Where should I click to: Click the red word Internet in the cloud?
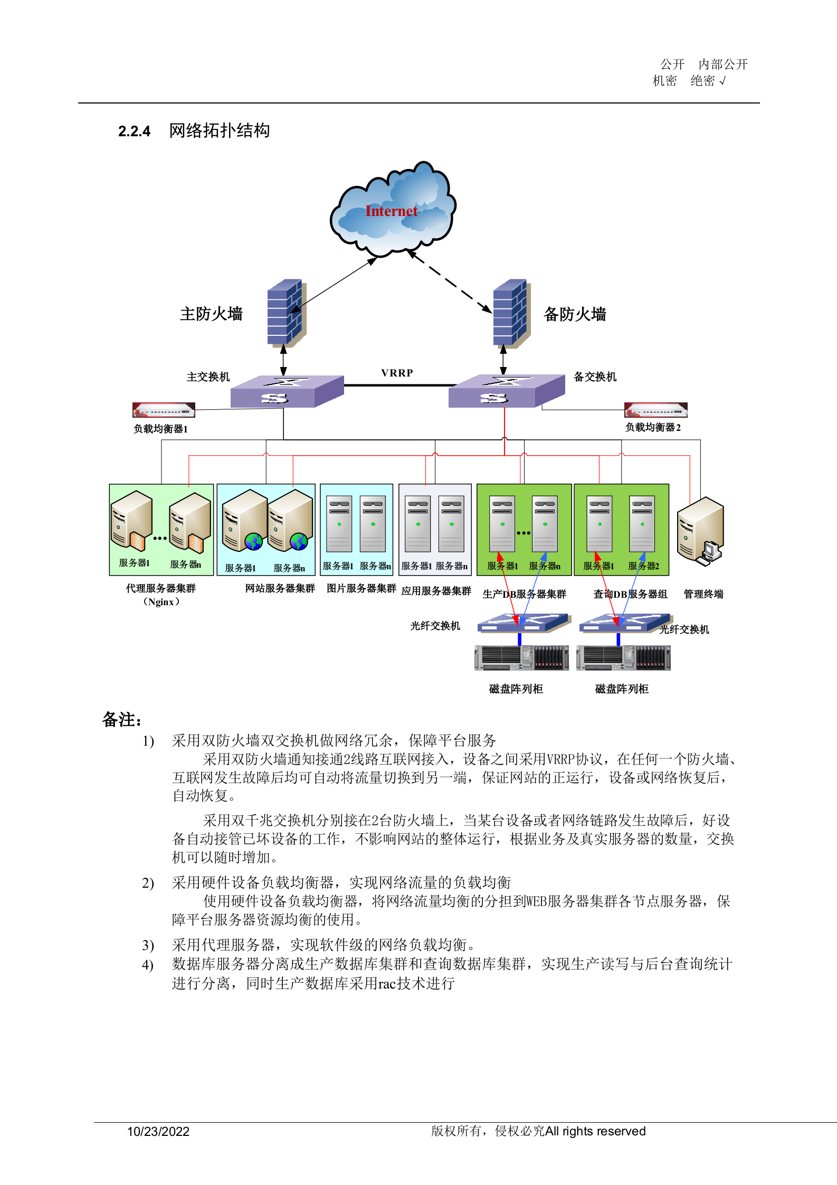[391, 211]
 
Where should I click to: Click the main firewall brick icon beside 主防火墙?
[285, 313]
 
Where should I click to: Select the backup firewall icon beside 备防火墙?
[510, 313]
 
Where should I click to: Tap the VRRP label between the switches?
[397, 373]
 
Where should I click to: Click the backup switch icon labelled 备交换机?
[506, 391]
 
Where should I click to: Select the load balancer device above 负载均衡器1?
[164, 410]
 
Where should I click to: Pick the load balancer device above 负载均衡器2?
[655, 410]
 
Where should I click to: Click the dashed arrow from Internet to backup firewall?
[450, 283]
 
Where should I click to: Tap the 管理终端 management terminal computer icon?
[701, 531]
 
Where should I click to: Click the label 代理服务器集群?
[160, 588]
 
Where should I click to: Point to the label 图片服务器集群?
[361, 588]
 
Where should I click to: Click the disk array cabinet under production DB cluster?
[521, 658]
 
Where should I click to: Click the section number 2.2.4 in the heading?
[134, 131]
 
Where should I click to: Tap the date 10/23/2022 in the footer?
[158, 1131]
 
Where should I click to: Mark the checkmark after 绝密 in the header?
[722, 81]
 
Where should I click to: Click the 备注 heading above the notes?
[121, 720]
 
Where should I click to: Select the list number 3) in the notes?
[148, 945]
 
